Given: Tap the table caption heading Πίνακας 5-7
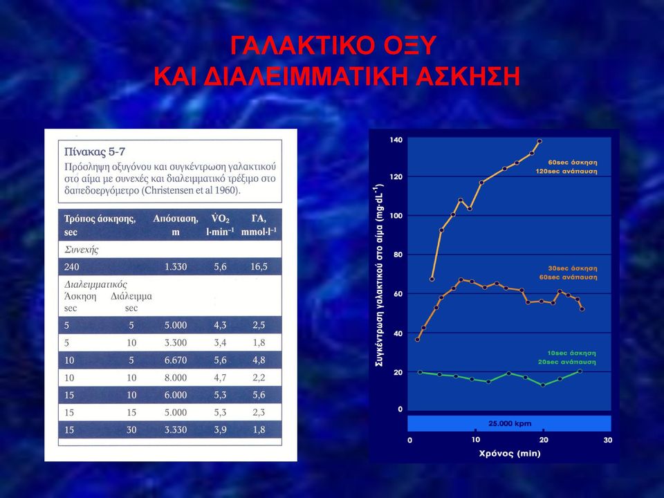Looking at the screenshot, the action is (x=95, y=151).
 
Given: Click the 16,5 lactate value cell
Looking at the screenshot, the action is (x=259, y=267).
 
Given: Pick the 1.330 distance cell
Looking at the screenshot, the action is (x=175, y=267).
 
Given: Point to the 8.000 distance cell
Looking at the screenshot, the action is (x=175, y=378).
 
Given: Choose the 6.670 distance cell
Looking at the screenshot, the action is (x=175, y=360).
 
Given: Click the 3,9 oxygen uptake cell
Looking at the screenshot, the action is (x=220, y=430).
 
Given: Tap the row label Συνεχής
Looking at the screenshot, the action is (x=82, y=250).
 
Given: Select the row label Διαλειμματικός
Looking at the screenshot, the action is (x=95, y=284).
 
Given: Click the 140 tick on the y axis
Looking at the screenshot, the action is (x=396, y=140).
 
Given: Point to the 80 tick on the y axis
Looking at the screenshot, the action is (x=398, y=255).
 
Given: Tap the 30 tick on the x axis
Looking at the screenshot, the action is (x=608, y=440).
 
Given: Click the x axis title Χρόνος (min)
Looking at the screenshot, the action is (x=510, y=454).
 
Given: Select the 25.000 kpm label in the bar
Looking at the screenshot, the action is (x=510, y=423).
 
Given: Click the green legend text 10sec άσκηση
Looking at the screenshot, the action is (x=571, y=353).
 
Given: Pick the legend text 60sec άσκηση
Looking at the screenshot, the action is (x=573, y=163).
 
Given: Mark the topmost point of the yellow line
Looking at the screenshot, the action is (x=539, y=141).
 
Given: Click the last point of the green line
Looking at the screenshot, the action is (x=580, y=371).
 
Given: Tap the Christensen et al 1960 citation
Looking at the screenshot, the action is (x=192, y=190).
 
